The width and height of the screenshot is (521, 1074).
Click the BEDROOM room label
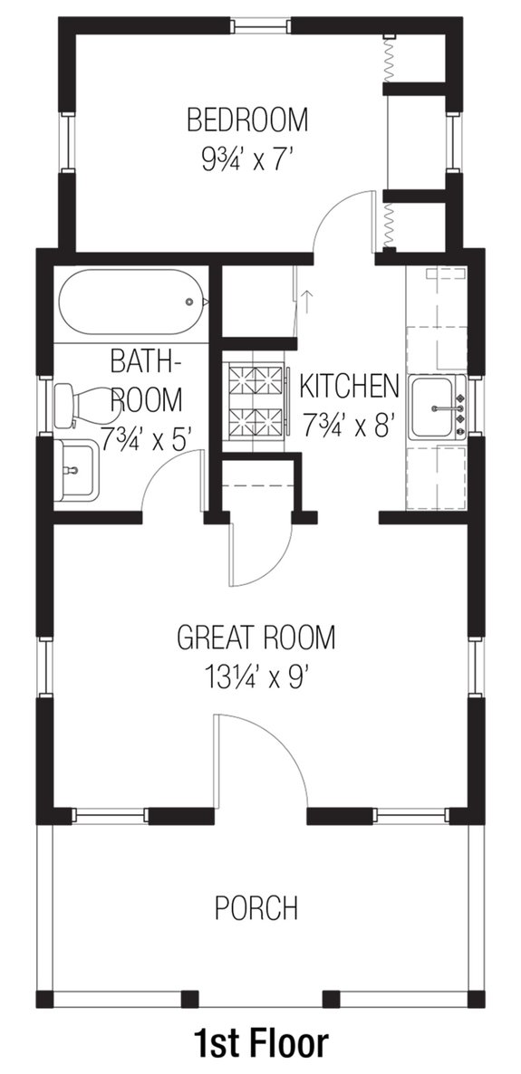[x=247, y=119]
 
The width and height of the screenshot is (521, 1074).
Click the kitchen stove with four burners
[x=256, y=399]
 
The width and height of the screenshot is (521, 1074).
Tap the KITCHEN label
[x=349, y=386]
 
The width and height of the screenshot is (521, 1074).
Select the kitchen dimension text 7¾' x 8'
[x=350, y=425]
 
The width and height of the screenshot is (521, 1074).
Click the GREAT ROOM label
[x=256, y=638]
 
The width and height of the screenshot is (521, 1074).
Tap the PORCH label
[x=256, y=906]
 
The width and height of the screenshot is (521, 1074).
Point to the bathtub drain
[x=189, y=302]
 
